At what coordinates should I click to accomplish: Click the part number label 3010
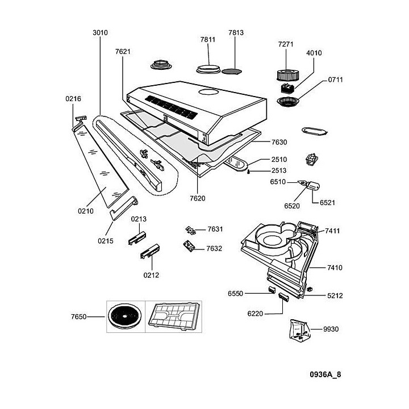pos(100,33)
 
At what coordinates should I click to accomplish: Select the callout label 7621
pos(123,51)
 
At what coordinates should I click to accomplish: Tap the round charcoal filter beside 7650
pos(123,315)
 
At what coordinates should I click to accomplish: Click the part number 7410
pos(335,267)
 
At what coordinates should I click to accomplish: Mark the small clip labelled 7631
pos(191,230)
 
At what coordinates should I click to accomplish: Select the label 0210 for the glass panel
pos(85,211)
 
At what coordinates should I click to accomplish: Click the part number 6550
pos(235,293)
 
